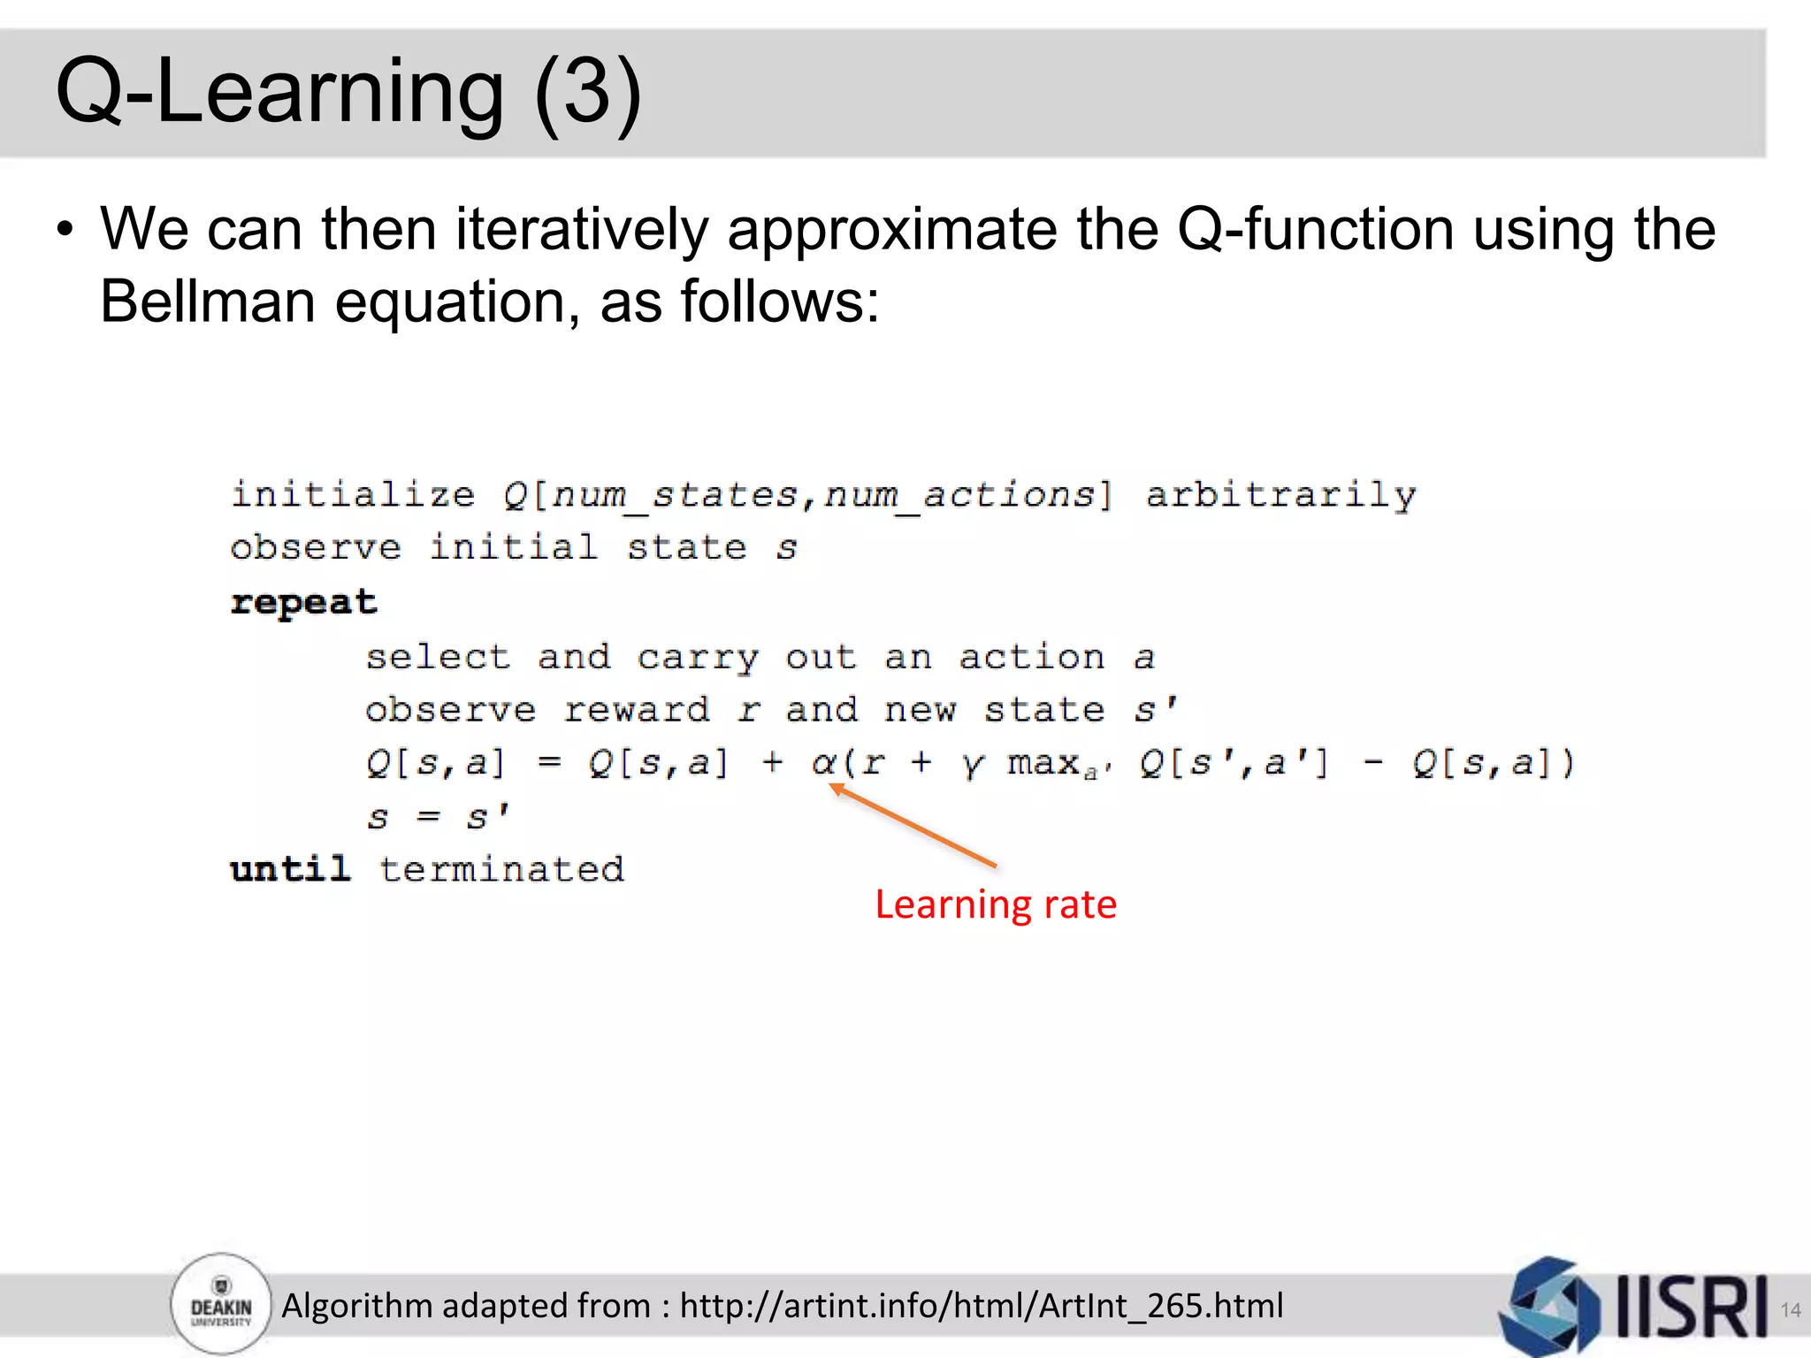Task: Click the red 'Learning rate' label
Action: pos(996,904)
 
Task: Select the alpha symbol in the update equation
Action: pos(824,762)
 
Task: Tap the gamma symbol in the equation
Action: pos(972,764)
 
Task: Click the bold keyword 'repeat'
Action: pos(303,603)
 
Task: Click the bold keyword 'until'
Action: pos(290,869)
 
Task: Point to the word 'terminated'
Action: pos(501,869)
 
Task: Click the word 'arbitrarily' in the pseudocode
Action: pos(1280,495)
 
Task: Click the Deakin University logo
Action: pos(221,1305)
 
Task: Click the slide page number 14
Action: pos(1790,1309)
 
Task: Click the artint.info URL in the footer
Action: pos(981,1306)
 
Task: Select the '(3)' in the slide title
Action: pos(587,92)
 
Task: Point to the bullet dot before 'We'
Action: pos(65,231)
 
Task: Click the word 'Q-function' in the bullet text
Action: pos(1316,230)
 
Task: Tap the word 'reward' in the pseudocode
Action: pos(637,710)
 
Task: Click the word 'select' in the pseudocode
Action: pos(439,657)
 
